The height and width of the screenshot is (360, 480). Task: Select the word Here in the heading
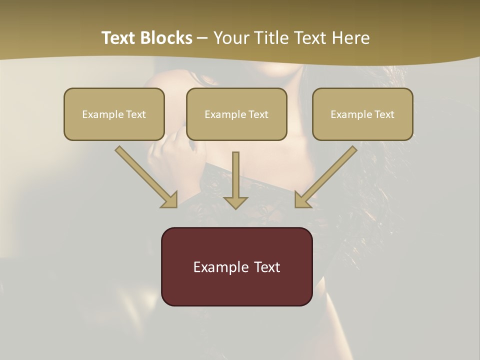[x=349, y=38]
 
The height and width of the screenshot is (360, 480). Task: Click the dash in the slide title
[x=202, y=38]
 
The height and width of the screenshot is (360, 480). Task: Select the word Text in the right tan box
[x=384, y=114]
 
